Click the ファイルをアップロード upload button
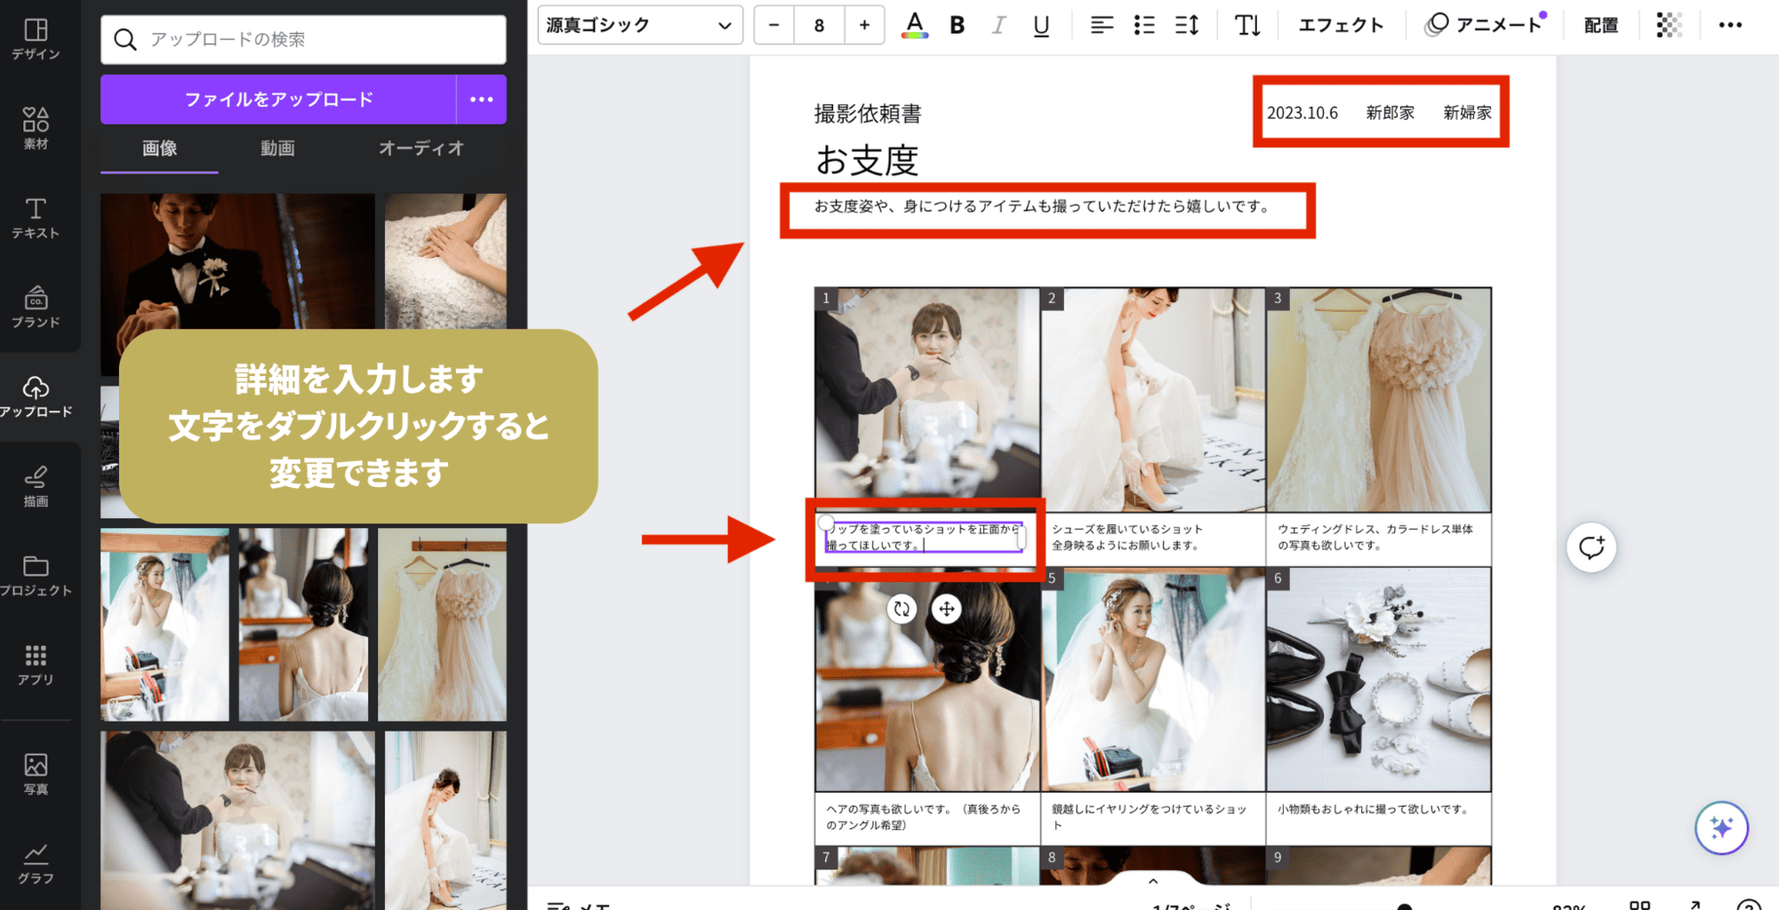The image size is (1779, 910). [x=277, y=100]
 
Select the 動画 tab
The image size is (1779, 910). [x=277, y=148]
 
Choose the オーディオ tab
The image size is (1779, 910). [x=421, y=148]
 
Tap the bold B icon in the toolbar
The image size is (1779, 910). [x=957, y=25]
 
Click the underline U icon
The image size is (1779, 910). [x=1041, y=25]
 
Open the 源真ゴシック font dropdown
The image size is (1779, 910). [x=639, y=25]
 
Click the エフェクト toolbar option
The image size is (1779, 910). [x=1341, y=25]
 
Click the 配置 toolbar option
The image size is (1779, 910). [x=1600, y=25]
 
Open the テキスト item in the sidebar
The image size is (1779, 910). [x=36, y=218]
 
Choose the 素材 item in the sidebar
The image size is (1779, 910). [x=36, y=128]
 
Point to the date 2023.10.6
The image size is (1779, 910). [x=1302, y=113]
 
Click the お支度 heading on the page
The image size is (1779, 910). [x=867, y=161]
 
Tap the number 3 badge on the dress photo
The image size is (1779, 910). [x=1278, y=299]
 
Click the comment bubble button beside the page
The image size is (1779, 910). [x=1591, y=547]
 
